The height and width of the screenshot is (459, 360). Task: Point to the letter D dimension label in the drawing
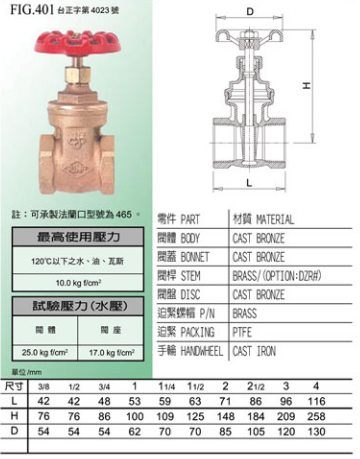point(248,12)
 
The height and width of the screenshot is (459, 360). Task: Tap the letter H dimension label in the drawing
point(337,85)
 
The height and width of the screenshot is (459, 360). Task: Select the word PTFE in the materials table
point(244,326)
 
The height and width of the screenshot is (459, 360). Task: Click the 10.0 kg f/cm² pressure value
point(66,282)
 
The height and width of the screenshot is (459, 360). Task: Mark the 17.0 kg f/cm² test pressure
point(128,350)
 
